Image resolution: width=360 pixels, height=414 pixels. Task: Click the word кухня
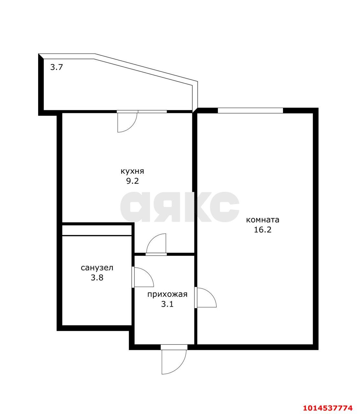(x=132, y=171)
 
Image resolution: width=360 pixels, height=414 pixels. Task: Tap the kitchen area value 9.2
(x=133, y=181)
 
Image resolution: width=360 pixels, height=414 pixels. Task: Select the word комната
(x=262, y=220)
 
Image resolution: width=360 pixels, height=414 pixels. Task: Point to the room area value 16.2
(x=262, y=230)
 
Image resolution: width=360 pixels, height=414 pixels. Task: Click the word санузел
(x=97, y=268)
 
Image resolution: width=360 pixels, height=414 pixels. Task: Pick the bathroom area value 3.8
(x=97, y=278)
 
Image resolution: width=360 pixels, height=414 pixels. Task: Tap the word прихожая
(x=167, y=294)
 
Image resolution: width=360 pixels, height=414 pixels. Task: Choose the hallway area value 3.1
(x=167, y=304)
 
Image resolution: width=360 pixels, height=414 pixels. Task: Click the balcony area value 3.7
(x=57, y=67)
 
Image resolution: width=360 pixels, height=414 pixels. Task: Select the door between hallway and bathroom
(x=143, y=277)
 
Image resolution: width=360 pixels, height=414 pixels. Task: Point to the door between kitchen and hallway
(x=156, y=244)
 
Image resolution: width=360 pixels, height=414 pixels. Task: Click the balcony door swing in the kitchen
(x=127, y=121)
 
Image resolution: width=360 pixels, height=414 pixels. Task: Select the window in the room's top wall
(x=250, y=111)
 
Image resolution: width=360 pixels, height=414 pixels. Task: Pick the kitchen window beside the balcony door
(x=152, y=112)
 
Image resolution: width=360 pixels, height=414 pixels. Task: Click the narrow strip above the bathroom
(x=97, y=230)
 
